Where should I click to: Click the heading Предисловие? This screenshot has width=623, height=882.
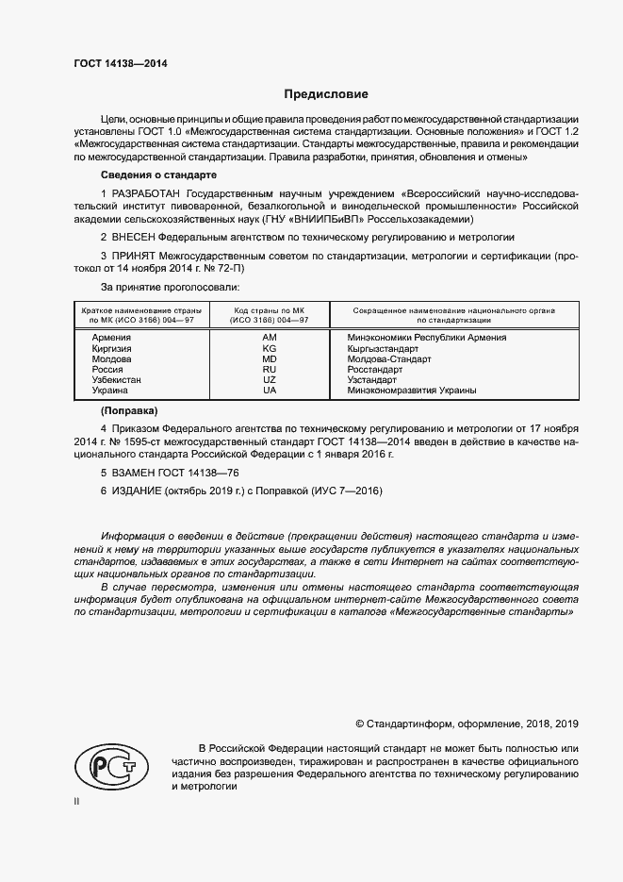[x=327, y=94]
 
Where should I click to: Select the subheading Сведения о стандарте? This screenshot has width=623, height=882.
[x=159, y=175]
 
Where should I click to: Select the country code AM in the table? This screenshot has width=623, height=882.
[x=270, y=338]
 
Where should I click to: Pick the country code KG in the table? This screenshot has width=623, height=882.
[x=270, y=348]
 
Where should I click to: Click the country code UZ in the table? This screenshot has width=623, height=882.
[x=270, y=379]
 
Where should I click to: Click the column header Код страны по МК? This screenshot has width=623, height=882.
[x=270, y=310]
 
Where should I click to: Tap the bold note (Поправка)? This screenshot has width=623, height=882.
[x=130, y=411]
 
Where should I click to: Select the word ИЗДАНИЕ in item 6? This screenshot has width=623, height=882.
[x=136, y=491]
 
